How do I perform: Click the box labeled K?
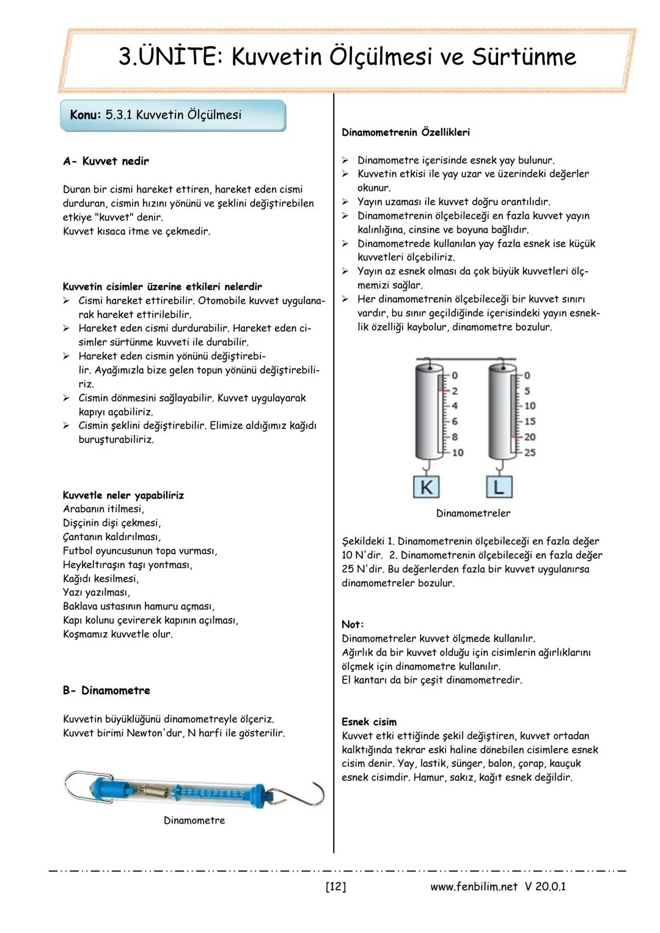[427, 487]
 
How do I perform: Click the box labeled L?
[499, 487]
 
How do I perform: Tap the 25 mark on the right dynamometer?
[529, 453]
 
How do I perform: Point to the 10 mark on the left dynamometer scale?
[457, 453]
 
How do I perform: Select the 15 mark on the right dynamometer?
[529, 421]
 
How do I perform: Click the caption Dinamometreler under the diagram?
[473, 513]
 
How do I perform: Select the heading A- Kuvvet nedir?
[106, 161]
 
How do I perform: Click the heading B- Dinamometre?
[106, 690]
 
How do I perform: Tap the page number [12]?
[335, 887]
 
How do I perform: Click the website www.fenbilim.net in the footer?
[474, 887]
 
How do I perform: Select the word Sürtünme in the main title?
[524, 57]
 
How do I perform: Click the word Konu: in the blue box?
[85, 115]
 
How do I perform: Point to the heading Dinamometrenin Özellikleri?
[405, 132]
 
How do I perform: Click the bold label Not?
[353, 624]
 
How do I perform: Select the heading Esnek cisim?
[369, 722]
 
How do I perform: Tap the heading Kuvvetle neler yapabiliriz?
[123, 495]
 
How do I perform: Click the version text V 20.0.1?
[544, 887]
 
